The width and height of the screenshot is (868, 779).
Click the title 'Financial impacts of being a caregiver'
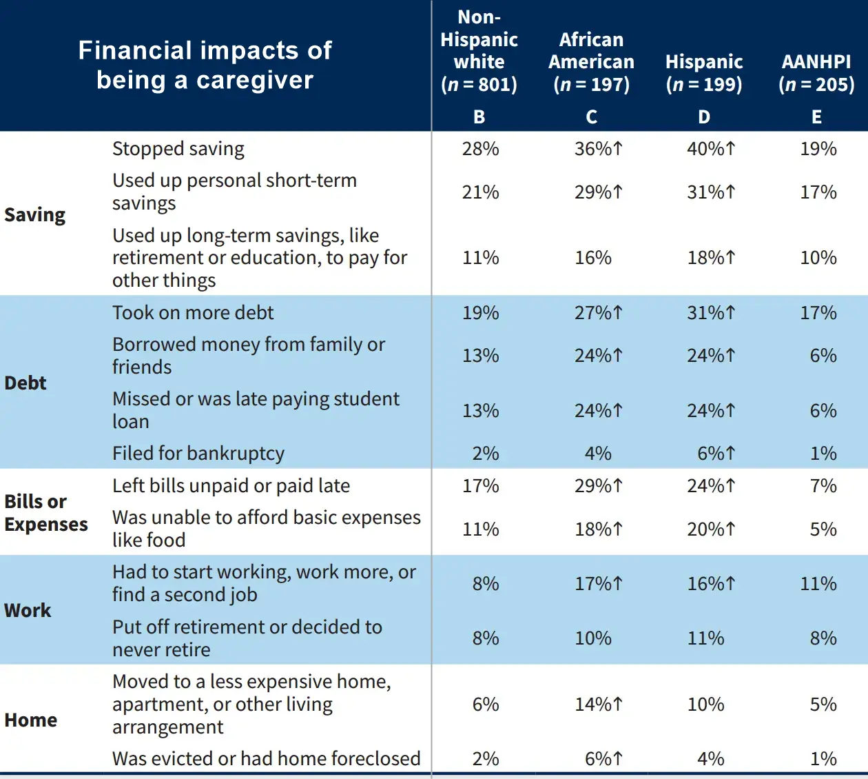point(205,65)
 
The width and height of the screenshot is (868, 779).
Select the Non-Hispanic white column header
point(479,51)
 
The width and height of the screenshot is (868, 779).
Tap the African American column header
point(591,62)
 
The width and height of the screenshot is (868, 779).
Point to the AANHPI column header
point(816,73)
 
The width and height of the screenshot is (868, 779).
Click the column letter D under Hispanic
point(703,117)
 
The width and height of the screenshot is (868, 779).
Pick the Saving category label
point(35,215)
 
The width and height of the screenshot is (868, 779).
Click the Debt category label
point(25,383)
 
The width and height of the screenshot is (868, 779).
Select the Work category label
point(28,611)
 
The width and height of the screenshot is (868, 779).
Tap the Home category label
point(31,720)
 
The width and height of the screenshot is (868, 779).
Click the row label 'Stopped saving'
point(178,149)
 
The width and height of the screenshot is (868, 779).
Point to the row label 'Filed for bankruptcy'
point(198,454)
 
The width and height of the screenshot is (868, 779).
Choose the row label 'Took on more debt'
point(193,313)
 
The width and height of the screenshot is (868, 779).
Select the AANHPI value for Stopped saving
point(818,149)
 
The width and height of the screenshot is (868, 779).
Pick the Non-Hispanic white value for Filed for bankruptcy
point(486,454)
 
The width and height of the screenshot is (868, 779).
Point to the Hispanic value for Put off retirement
point(705,638)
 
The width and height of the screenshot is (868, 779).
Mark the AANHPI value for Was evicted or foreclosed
point(823,759)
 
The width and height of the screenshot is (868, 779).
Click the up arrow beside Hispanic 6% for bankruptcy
point(730,454)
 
